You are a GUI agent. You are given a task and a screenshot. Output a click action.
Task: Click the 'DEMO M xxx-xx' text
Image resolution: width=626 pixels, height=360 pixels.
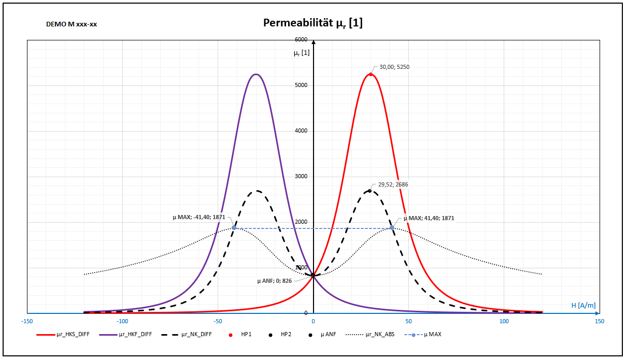click(x=72, y=24)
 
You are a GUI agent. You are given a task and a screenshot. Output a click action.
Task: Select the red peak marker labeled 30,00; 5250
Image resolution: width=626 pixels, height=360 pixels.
click(x=371, y=74)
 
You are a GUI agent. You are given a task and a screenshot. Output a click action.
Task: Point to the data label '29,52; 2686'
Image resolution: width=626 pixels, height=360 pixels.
click(x=393, y=184)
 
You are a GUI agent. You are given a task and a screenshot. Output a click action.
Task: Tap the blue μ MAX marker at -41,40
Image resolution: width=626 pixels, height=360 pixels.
click(x=234, y=228)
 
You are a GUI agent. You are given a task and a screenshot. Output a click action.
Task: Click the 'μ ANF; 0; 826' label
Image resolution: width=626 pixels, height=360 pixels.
click(x=274, y=281)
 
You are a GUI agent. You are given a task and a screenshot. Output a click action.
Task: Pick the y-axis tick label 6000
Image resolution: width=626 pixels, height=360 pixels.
click(x=301, y=40)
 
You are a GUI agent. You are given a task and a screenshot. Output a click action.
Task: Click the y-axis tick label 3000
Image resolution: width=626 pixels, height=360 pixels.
click(x=301, y=177)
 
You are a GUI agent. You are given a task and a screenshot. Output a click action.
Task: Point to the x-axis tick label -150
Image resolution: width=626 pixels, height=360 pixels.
click(x=27, y=321)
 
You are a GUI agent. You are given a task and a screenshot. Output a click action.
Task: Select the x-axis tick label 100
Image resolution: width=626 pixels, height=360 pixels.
click(x=504, y=321)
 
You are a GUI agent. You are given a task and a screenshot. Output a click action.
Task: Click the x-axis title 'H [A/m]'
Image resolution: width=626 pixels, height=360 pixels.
click(x=584, y=306)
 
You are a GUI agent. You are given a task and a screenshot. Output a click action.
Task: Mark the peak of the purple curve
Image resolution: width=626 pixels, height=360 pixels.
click(x=255, y=74)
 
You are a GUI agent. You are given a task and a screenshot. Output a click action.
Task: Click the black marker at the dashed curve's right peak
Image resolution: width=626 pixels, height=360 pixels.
click(x=369, y=190)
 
